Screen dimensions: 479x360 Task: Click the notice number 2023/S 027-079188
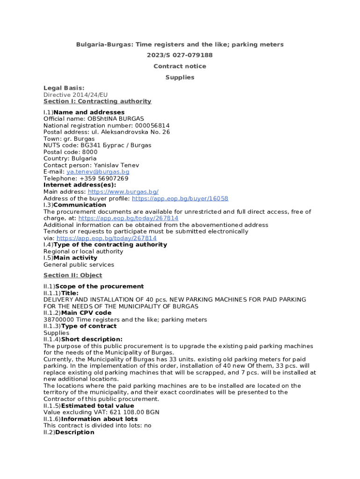pos(180,55)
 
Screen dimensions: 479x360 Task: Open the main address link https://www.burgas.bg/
pos(123,192)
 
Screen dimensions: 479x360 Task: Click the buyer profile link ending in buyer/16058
pos(180,198)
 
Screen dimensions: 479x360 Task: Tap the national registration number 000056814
pos(152,125)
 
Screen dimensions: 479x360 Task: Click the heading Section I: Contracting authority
pos(97,101)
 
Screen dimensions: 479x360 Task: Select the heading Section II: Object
pos(72,275)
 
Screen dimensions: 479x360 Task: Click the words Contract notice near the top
pos(180,66)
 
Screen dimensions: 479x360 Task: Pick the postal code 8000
pos(90,152)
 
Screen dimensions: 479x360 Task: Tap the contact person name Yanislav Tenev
pos(116,165)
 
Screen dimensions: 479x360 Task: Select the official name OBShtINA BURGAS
pos(115,119)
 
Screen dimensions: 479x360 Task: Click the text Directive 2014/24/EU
pos(75,94)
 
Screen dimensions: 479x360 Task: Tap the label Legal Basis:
pos(64,88)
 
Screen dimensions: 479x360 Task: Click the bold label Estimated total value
pos(98,406)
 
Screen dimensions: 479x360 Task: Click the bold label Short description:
pos(92,339)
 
